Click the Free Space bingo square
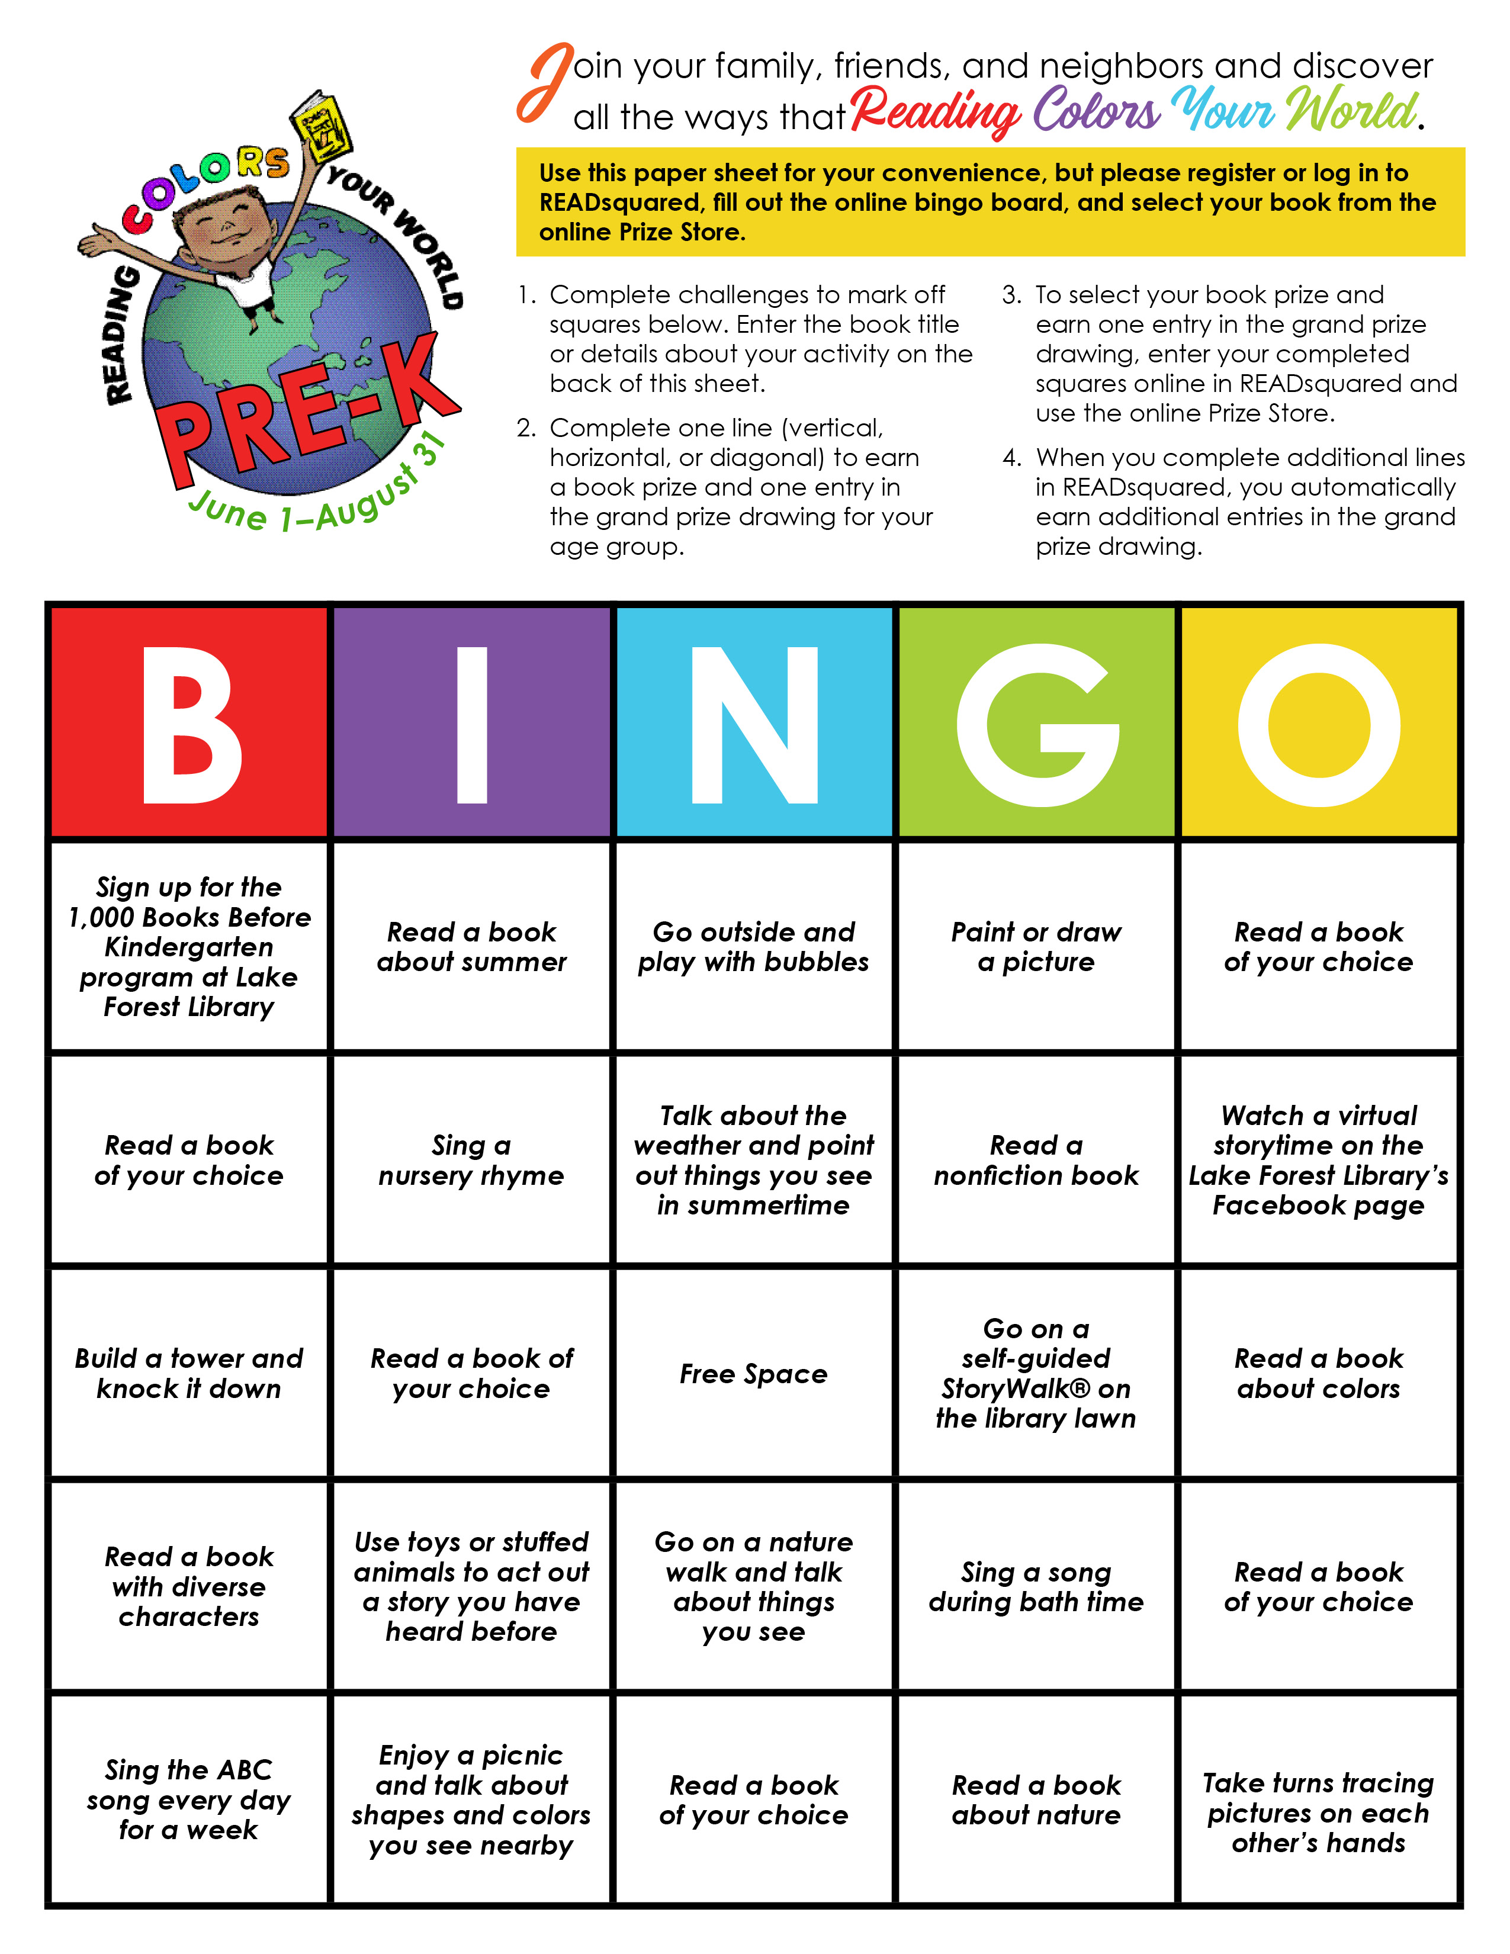(753, 1373)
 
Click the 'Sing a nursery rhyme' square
(471, 1159)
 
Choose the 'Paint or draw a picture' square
(1036, 947)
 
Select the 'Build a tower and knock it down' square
(189, 1373)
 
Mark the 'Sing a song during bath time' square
(1036, 1586)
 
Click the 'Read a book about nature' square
(1036, 1799)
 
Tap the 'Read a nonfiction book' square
(1036, 1159)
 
